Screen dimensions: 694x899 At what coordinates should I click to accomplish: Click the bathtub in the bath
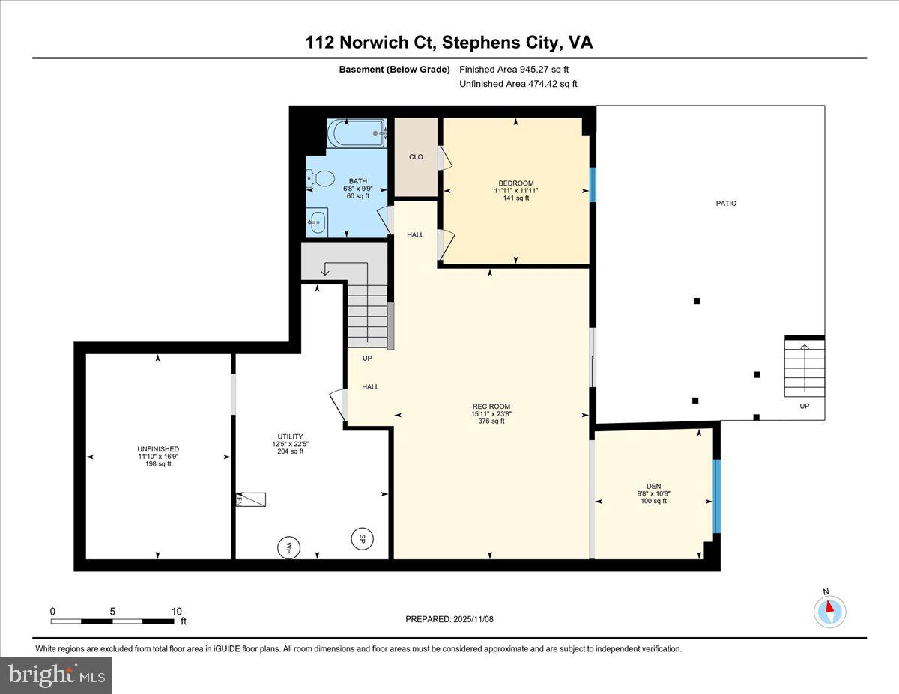coord(357,135)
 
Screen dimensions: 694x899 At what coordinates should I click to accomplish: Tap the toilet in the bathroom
coord(321,179)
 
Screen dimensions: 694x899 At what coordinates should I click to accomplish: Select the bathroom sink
coord(318,221)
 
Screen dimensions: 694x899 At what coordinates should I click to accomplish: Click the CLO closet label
coord(416,157)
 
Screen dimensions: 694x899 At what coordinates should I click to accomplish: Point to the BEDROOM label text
coord(516,183)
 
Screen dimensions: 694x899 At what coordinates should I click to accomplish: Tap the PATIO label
coord(726,203)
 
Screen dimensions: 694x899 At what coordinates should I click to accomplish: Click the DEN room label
coord(653,486)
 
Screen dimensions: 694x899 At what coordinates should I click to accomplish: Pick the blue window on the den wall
coord(716,496)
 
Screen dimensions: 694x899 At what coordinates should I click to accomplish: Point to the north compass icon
coord(829,611)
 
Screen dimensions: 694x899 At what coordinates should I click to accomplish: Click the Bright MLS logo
coord(57,675)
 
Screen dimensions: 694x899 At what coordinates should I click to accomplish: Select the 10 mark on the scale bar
coord(177,612)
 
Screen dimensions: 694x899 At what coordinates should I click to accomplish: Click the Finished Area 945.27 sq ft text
coord(518,70)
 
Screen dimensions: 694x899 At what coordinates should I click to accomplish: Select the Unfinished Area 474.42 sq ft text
coord(518,84)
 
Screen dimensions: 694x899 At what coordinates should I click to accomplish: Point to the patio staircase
coord(805,369)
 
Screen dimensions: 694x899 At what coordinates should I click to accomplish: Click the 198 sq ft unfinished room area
coord(158,464)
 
